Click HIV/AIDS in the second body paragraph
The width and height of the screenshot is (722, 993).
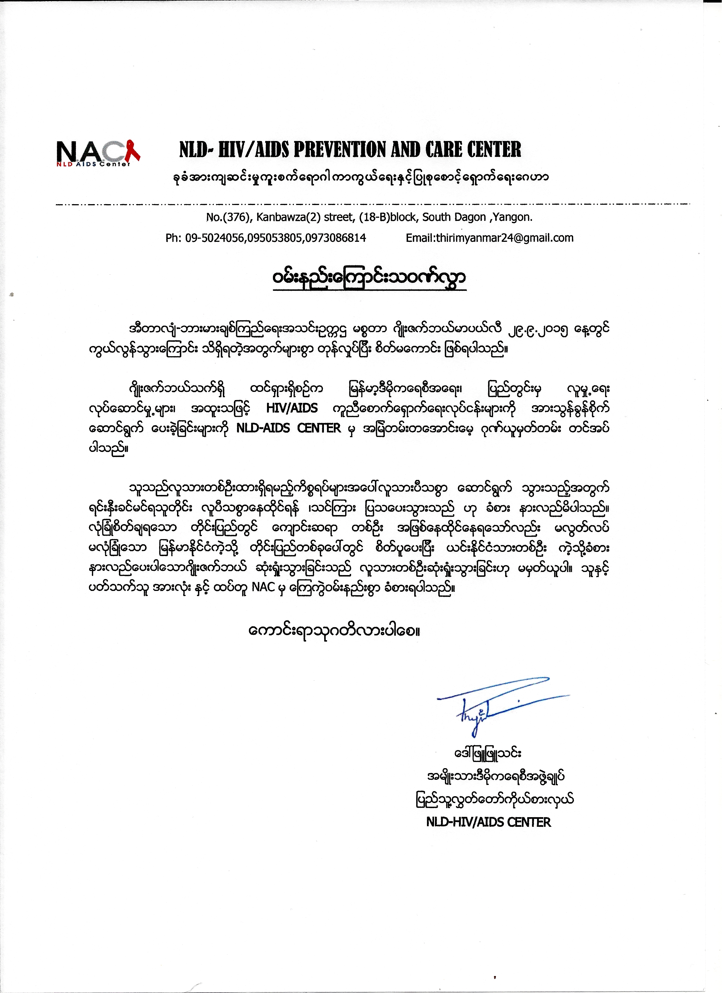(292, 408)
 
